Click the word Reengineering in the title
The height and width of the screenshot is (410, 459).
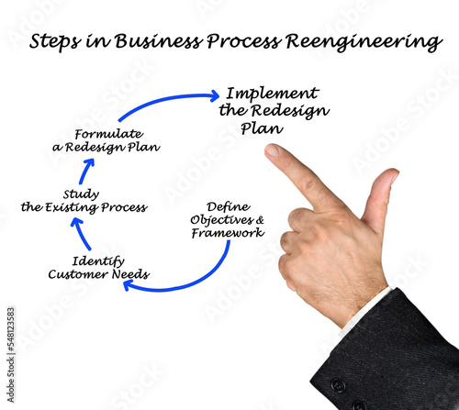point(364,41)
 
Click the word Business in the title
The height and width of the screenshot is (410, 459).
point(159,40)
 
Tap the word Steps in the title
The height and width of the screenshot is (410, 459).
point(55,41)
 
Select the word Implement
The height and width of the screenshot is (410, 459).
point(273,94)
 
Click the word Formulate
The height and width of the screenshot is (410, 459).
point(109,134)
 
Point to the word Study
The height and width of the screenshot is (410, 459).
point(81,194)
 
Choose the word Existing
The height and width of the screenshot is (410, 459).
point(72,207)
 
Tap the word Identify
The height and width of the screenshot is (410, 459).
point(98,261)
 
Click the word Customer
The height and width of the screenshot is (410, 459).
point(78,274)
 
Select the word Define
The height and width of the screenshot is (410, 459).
point(229,207)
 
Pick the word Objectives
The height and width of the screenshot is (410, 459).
point(221,220)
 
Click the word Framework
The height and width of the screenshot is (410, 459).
point(228,233)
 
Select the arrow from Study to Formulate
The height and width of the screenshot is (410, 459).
point(85,172)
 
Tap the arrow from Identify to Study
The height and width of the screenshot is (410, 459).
point(81,234)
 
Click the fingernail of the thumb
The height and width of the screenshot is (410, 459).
point(395,175)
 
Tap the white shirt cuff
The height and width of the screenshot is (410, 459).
point(365,310)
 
